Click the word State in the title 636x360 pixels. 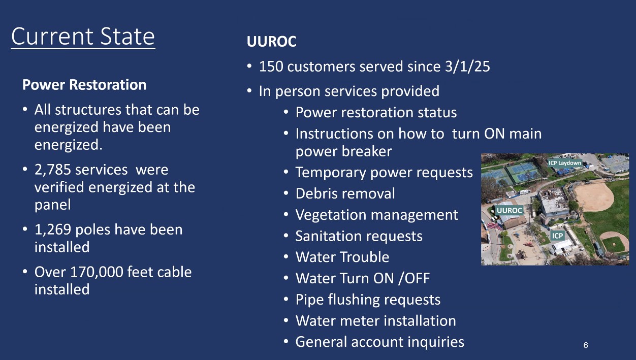tap(128, 37)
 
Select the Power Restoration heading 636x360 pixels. tap(84, 85)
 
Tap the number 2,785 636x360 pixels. tap(53, 170)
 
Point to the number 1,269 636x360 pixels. tap(53, 230)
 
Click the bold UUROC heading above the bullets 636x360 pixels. tap(271, 42)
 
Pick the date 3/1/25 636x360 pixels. tap(467, 67)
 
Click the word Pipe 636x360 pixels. tap(308, 300)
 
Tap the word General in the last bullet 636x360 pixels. tap(321, 342)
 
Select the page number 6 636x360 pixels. tap(586, 345)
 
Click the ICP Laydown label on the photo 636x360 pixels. tap(565, 163)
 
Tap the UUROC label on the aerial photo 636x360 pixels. tap(510, 210)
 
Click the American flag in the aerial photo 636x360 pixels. tap(494, 226)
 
